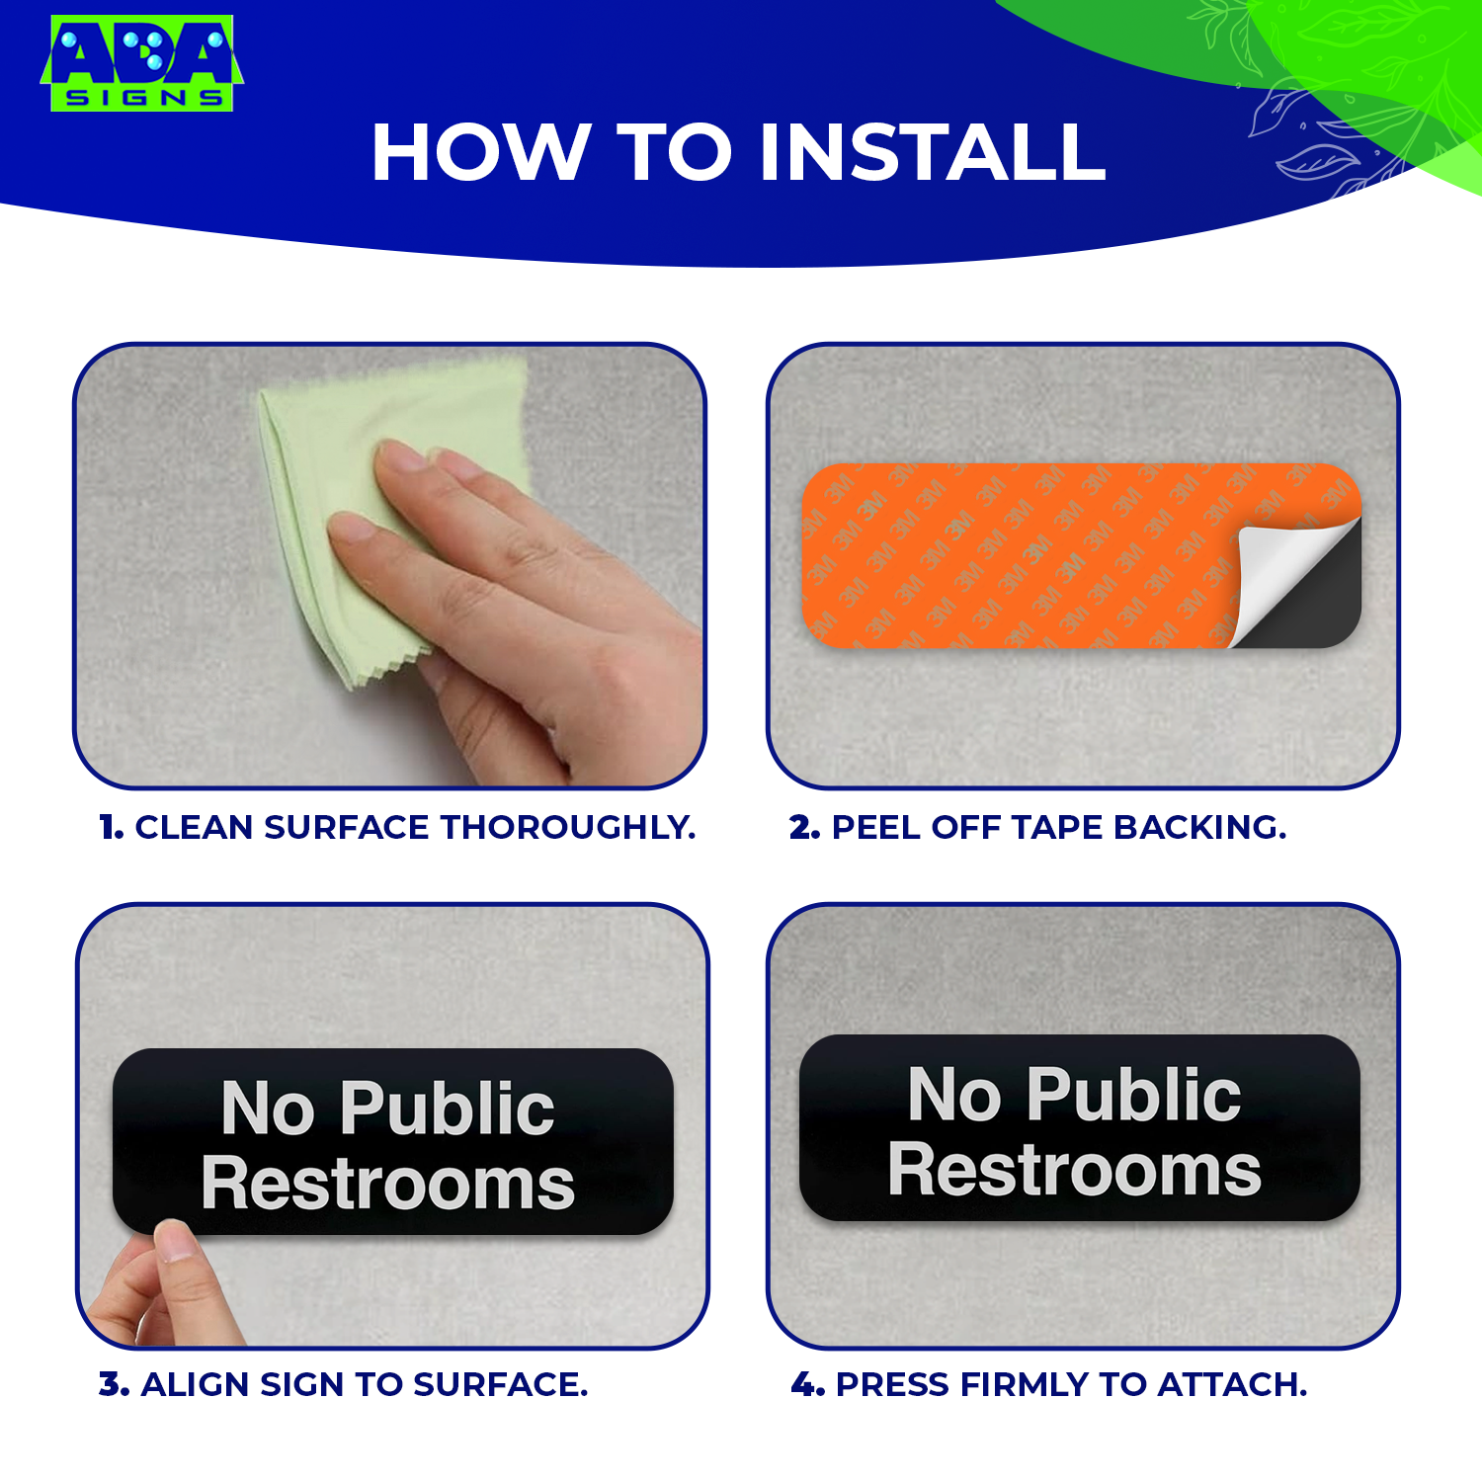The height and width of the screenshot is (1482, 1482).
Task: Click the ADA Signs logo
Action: [x=141, y=63]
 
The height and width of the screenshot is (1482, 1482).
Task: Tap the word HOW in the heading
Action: [x=480, y=153]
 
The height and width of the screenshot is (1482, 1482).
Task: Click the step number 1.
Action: [x=111, y=827]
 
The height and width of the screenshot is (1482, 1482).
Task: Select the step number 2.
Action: [x=804, y=827]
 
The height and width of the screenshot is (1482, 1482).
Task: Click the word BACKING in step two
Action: [x=1200, y=827]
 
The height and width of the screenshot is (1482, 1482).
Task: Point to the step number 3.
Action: [x=114, y=1384]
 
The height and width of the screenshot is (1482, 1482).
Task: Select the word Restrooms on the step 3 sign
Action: [x=387, y=1184]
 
